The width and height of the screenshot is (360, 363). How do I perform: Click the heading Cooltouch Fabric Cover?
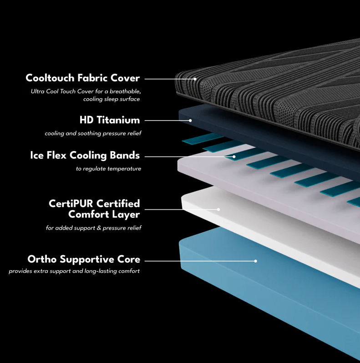click(83, 78)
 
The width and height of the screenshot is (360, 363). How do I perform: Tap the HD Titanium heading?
click(110, 120)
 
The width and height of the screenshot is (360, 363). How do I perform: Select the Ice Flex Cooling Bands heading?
click(85, 155)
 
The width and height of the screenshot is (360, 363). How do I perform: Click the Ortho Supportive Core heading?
click(84, 259)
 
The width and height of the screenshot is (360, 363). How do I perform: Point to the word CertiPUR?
click(71, 204)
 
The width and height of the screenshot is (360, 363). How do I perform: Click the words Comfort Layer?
click(104, 214)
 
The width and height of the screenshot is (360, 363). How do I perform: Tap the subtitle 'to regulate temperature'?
click(108, 169)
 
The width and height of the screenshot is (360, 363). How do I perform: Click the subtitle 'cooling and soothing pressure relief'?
click(93, 133)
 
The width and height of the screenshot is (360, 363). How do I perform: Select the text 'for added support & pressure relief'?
click(94, 228)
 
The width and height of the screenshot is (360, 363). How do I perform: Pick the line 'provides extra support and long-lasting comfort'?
click(74, 271)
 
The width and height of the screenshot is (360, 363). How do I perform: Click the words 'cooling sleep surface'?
click(112, 99)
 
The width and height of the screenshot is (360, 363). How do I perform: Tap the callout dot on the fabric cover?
click(195, 79)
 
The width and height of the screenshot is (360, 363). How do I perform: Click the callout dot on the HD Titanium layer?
click(190, 121)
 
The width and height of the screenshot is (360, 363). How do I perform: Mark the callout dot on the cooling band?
click(234, 157)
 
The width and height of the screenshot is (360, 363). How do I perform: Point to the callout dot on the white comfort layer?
click(218, 210)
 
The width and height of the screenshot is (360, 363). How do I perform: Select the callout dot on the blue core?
click(255, 261)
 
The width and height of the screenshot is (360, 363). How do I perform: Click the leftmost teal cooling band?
click(202, 138)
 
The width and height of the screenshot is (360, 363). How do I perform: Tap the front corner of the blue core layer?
click(180, 242)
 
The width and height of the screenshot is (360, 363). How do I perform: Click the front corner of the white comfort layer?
click(182, 197)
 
